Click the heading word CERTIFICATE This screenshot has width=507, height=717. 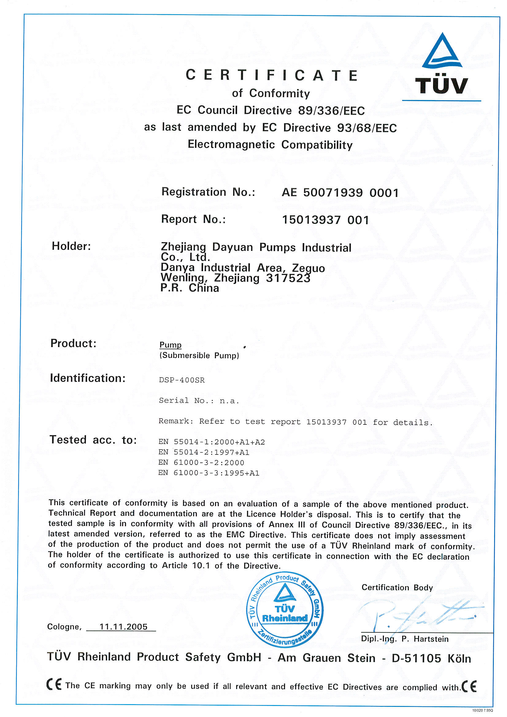pyautogui.click(x=271, y=75)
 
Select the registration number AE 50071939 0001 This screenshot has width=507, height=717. pyautogui.click(x=340, y=193)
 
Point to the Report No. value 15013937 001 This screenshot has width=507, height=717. pyautogui.click(x=325, y=220)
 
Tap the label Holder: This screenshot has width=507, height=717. pyautogui.click(x=71, y=246)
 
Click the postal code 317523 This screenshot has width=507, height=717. pyautogui.click(x=288, y=278)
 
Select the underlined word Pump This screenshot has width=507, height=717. pyautogui.click(x=170, y=345)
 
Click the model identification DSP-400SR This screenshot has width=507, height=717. pyautogui.click(x=182, y=380)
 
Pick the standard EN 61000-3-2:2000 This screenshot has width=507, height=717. pyautogui.click(x=201, y=462)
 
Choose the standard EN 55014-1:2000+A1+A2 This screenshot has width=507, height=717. pyautogui.click(x=212, y=442)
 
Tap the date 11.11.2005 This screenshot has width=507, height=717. pyautogui.click(x=123, y=627)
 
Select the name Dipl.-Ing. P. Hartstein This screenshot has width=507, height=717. pyautogui.click(x=405, y=639)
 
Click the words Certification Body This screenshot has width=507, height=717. pyautogui.click(x=397, y=587)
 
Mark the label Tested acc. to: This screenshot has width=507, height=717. pyautogui.click(x=93, y=440)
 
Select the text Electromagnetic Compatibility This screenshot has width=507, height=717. pyautogui.click(x=270, y=144)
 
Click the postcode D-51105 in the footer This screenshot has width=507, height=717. pyautogui.click(x=416, y=659)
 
